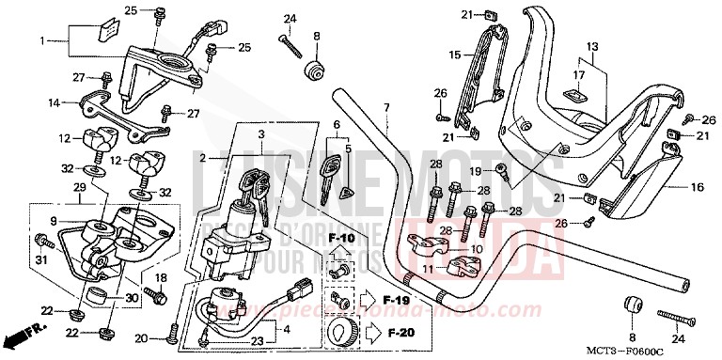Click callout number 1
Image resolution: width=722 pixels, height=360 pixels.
pyautogui.click(x=41, y=41)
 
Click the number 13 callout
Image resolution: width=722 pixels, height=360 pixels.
pyautogui.click(x=592, y=46)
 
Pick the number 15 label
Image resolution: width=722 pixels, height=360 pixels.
pyautogui.click(x=455, y=55)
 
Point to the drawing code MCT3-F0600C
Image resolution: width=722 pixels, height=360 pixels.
pyautogui.click(x=668, y=351)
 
